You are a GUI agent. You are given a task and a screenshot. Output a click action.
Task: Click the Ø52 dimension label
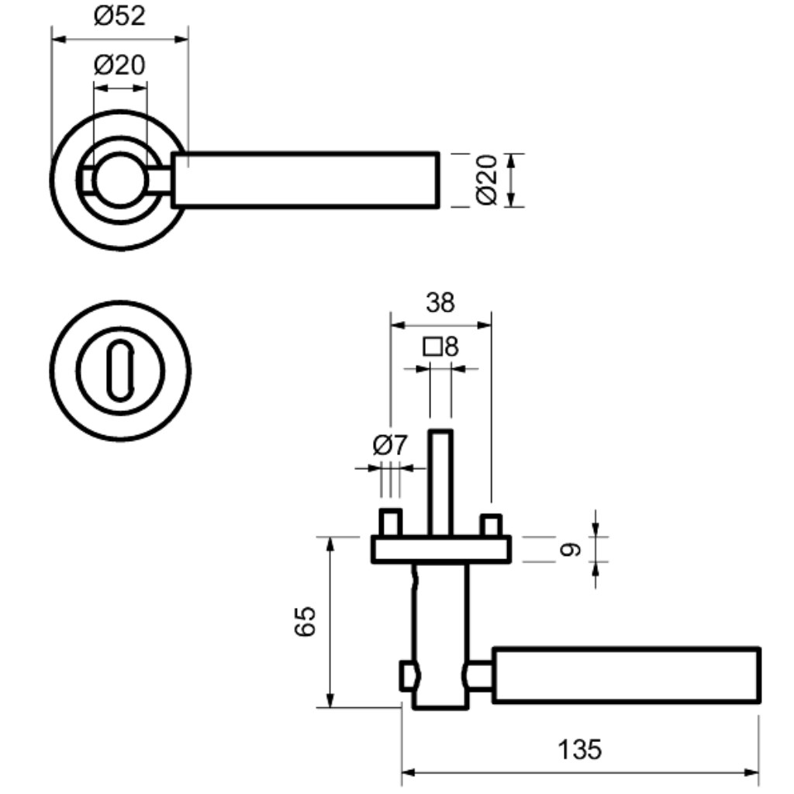click(x=119, y=16)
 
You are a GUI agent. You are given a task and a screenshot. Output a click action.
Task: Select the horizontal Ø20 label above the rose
click(x=119, y=65)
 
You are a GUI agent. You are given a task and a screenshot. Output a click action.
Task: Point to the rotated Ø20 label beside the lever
click(x=487, y=180)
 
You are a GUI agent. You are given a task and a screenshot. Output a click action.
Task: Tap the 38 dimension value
click(x=440, y=303)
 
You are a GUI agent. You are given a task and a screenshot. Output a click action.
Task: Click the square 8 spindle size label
click(x=440, y=347)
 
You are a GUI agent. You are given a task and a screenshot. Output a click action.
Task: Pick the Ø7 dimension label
click(x=389, y=445)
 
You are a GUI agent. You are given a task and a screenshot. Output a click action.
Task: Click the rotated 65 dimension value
click(x=305, y=621)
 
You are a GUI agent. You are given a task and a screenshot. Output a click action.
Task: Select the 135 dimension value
click(x=579, y=750)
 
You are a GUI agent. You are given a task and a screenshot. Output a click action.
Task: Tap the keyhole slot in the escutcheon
click(x=120, y=371)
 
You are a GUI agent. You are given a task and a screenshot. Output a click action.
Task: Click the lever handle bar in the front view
click(x=306, y=180)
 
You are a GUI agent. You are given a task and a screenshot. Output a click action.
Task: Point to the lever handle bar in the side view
click(x=627, y=675)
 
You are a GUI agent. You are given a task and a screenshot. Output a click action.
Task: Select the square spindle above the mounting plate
click(x=440, y=482)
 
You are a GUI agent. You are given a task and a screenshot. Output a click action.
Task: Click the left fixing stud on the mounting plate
click(x=391, y=523)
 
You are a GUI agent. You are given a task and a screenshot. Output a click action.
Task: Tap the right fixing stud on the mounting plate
click(x=491, y=525)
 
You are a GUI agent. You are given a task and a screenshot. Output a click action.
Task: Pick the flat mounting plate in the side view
click(x=441, y=550)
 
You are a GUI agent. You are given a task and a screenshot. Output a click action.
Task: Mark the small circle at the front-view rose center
click(x=120, y=179)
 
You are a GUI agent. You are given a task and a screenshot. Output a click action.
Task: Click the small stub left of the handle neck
click(x=409, y=675)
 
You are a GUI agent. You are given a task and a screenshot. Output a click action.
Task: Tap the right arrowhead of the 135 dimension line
click(x=752, y=773)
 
